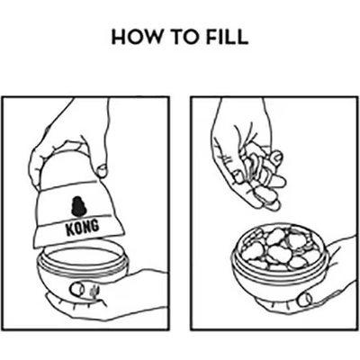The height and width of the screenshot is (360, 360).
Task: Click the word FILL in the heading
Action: pyautogui.click(x=227, y=37)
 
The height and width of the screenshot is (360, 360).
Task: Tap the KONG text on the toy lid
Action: pyautogui.click(x=82, y=227)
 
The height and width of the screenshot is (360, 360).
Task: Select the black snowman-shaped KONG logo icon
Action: pyautogui.click(x=78, y=206)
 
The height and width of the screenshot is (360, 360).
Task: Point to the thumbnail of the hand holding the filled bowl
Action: pyautogui.click(x=304, y=299)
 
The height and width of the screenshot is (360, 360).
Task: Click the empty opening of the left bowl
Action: pyautogui.click(x=81, y=257)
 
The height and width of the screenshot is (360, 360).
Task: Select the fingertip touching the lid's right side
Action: pyautogui.click(x=102, y=170)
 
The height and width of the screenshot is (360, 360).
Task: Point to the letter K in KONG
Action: pyautogui.click(x=70, y=229)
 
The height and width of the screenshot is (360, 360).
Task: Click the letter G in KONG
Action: pyautogui.click(x=94, y=226)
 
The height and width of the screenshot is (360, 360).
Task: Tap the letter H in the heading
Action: pyautogui.click(x=118, y=37)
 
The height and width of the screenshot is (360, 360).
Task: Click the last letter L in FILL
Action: pyautogui.click(x=243, y=37)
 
